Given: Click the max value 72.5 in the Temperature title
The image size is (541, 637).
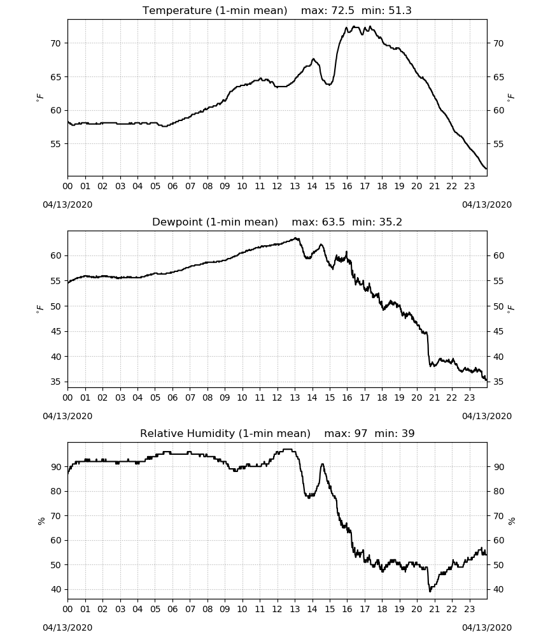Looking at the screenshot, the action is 342,11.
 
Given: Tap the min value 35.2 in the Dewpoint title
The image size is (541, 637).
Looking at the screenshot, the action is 390,222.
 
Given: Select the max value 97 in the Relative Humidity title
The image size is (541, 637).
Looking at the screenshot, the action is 360,433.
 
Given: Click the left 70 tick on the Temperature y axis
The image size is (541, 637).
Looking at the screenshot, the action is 56,43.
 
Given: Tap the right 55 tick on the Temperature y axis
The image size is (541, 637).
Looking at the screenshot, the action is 498,144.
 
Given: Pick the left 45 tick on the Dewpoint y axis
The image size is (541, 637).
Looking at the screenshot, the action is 56,331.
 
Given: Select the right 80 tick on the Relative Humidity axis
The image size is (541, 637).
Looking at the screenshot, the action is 498,491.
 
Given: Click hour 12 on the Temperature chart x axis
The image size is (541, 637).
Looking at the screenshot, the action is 278,187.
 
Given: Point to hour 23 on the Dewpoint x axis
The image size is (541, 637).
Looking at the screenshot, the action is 469,397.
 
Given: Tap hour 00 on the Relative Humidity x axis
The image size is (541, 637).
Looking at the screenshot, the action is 67,609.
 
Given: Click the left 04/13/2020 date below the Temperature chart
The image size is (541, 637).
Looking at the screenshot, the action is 67,204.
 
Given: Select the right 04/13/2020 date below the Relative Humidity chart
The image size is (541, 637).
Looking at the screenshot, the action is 487,627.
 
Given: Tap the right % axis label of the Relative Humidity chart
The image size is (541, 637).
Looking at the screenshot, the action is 511,521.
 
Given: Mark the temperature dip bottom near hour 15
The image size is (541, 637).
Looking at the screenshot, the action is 330,85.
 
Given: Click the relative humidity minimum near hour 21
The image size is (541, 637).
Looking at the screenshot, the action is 430,591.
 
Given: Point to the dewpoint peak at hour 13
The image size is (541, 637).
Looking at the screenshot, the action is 296,238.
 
